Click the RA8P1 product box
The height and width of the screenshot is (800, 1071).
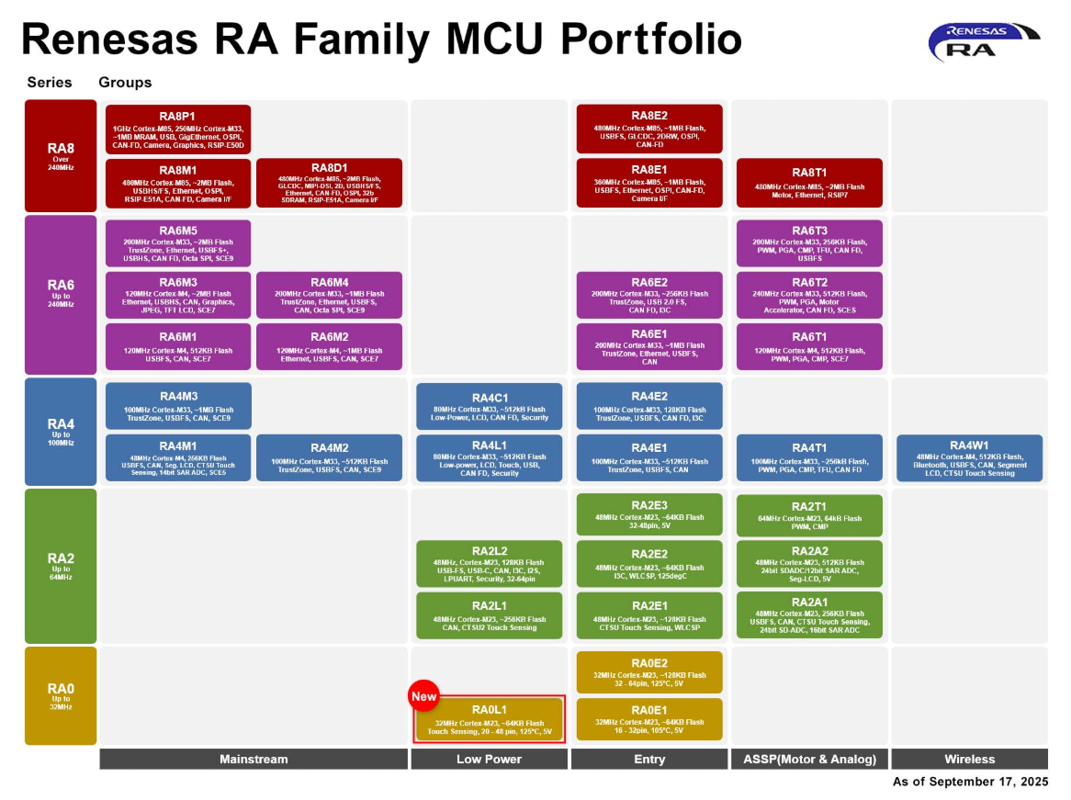coord(178,129)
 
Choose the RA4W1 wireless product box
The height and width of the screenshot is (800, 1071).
coord(969,458)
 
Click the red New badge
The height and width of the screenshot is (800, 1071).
coord(424,696)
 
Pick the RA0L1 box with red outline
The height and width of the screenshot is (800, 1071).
coord(489,719)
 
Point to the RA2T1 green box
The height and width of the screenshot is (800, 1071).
coord(809,516)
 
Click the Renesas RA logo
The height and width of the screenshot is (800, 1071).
coord(983,41)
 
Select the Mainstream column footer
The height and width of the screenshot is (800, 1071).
coord(254,760)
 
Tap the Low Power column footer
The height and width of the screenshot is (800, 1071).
coord(489,760)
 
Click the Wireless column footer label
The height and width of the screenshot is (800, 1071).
coord(969,760)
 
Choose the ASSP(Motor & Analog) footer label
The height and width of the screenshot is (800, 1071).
coord(809,760)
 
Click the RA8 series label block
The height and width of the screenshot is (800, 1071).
coord(61,156)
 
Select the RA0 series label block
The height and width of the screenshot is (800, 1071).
coord(61,695)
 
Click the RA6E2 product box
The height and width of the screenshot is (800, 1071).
coord(649,295)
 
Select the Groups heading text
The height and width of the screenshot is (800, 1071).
coord(125,83)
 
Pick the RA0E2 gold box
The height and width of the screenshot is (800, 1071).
coord(649,672)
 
